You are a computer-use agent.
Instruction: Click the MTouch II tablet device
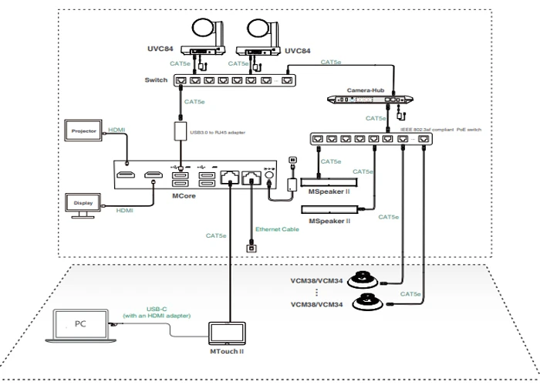tap(229, 333)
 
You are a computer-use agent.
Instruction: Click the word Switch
tap(155, 80)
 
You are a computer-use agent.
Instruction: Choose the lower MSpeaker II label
tap(329, 222)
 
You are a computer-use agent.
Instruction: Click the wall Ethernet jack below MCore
tap(250, 248)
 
